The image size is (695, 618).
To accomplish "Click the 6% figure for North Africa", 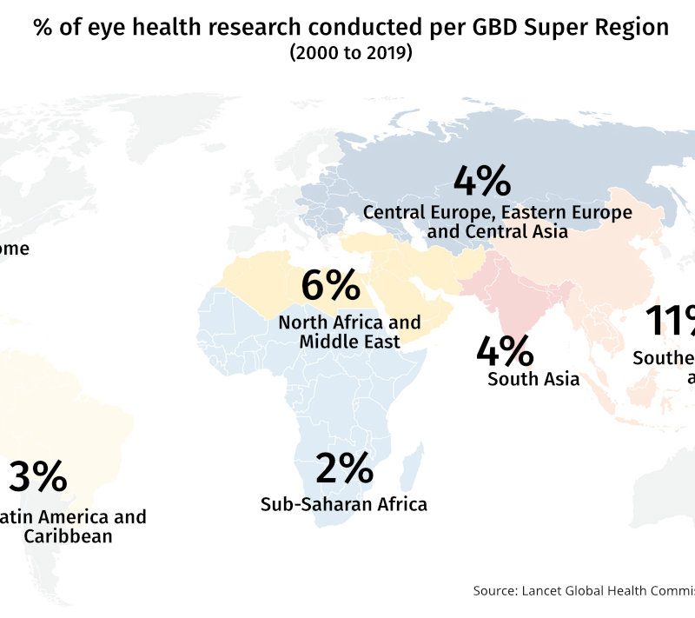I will coord(330,287).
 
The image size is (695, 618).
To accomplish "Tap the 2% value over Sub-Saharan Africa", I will coord(344,470).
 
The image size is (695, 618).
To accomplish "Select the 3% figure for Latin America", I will coord(37,477).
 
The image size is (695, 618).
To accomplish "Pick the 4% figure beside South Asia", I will coord(505,351).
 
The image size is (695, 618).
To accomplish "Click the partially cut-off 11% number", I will coord(669,322).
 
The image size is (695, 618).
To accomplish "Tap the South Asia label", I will coord(533,379).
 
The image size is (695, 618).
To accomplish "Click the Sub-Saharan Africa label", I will coord(344,503).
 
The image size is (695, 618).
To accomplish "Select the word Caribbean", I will coord(68,536).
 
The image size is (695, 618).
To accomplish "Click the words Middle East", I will coord(349,342).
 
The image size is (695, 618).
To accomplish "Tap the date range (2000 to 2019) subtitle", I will coord(351,53).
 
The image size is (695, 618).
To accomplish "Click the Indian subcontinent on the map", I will coord(513,304).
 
